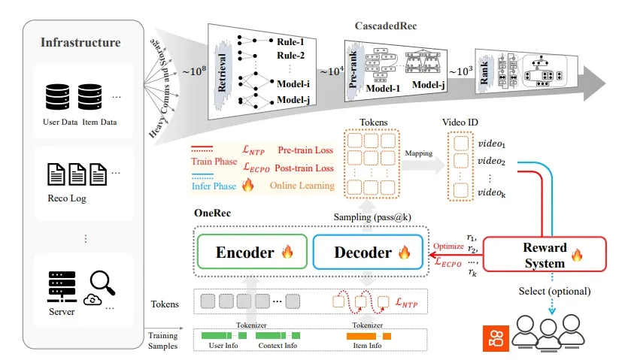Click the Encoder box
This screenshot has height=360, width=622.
click(248, 252)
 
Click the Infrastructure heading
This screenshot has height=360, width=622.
click(80, 42)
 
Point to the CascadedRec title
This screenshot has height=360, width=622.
click(387, 26)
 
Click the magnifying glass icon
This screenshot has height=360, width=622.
click(102, 283)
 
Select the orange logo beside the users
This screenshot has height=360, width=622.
click(495, 338)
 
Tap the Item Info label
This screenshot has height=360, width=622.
click(368, 346)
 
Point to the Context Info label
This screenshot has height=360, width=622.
click(277, 346)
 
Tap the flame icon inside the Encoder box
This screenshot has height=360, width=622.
click(287, 253)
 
